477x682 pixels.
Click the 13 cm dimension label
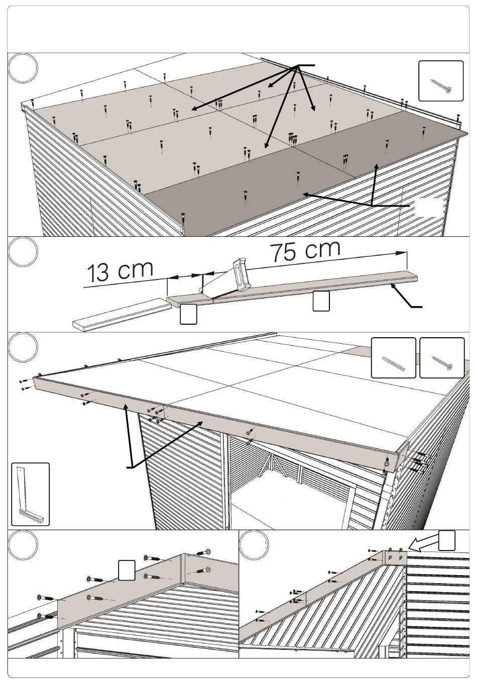click(120, 271)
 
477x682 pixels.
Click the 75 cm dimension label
click(305, 250)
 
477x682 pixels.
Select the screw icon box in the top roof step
click(441, 81)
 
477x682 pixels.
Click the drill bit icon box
click(393, 358)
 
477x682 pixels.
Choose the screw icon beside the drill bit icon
click(442, 358)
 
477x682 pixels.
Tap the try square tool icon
click(31, 494)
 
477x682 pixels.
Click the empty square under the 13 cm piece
click(188, 314)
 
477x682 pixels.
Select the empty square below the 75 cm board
click(321, 301)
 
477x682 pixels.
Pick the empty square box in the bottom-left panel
click(127, 571)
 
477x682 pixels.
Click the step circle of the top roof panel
click(24, 69)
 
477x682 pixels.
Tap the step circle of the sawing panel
click(24, 253)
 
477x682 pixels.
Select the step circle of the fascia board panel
click(24, 348)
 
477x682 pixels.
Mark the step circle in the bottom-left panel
click(24, 547)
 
